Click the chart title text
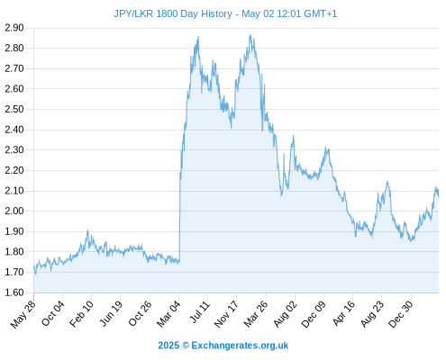coord(225,13)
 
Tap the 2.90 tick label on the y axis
coord(14,28)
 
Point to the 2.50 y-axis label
coord(14,109)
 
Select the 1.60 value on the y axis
coord(14,292)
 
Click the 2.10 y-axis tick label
coord(14,191)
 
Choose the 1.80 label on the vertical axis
coord(14,252)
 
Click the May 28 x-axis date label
coord(23,314)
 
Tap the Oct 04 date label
coord(53,313)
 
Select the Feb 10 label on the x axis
coord(81,314)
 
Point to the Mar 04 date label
coord(168,314)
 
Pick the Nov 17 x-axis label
coord(226,314)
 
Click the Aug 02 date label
coord(286,314)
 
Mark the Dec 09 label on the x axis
coord(314,314)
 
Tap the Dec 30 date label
coord(401,314)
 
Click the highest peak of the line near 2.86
coord(250,35)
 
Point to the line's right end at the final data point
coord(439,196)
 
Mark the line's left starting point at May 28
coord(34,266)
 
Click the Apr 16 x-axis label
coord(344,313)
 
